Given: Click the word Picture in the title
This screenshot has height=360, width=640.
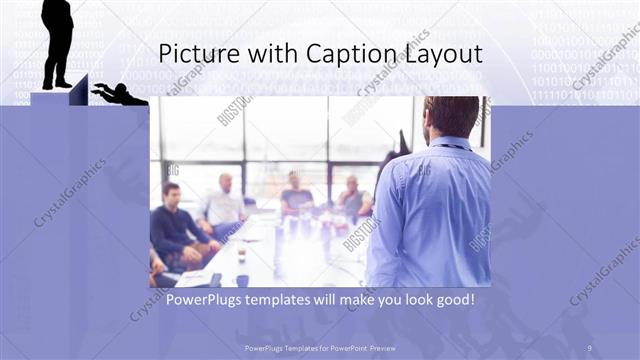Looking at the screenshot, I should [x=196, y=54].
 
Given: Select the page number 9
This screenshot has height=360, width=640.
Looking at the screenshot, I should [x=590, y=347].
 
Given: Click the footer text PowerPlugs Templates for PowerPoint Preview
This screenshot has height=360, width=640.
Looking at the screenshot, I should [x=320, y=347].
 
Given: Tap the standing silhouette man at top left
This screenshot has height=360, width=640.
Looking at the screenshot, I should [x=57, y=40].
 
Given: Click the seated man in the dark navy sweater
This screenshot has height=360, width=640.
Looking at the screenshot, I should [x=174, y=226].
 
